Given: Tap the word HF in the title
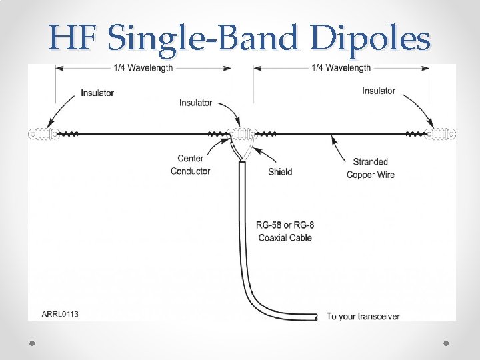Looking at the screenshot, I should pyautogui.click(x=73, y=38).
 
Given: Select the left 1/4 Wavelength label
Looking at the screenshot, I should pyautogui.click(x=143, y=68).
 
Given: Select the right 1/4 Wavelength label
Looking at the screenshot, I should pyautogui.click(x=341, y=68).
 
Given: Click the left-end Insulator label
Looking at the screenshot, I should pyautogui.click(x=97, y=93).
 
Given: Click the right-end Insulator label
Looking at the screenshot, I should pyautogui.click(x=379, y=91).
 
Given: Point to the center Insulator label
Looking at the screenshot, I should pyautogui.click(x=195, y=103).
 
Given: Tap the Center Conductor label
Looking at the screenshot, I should pyautogui.click(x=190, y=165).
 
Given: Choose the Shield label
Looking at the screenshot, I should pyautogui.click(x=280, y=172).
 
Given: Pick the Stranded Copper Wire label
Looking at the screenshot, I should pyautogui.click(x=370, y=168).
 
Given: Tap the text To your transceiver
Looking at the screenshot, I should pyautogui.click(x=363, y=316).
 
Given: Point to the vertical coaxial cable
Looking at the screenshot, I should pyautogui.click(x=243, y=220).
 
